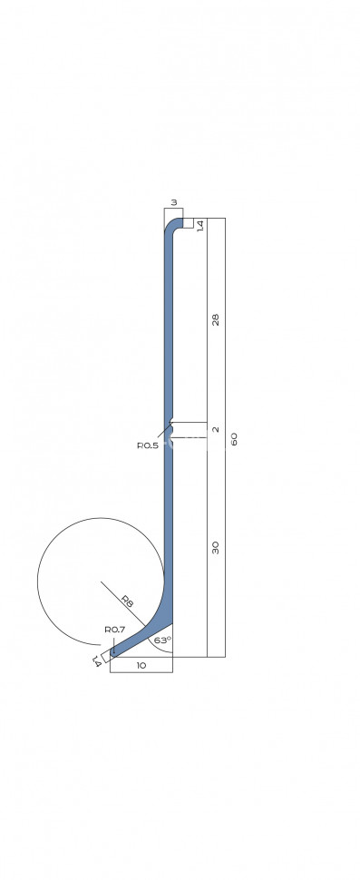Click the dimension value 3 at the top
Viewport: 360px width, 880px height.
174,202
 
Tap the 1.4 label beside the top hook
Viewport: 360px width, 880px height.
200,226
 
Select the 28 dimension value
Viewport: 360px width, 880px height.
215,319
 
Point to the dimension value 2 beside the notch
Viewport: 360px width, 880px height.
216,430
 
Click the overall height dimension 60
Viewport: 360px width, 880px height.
234,439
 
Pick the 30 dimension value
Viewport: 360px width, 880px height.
215,548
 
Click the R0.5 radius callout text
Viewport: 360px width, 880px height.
148,445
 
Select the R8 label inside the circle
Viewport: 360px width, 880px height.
128,602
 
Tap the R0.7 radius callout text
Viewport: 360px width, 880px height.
115,630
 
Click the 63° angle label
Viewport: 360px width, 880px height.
162,640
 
